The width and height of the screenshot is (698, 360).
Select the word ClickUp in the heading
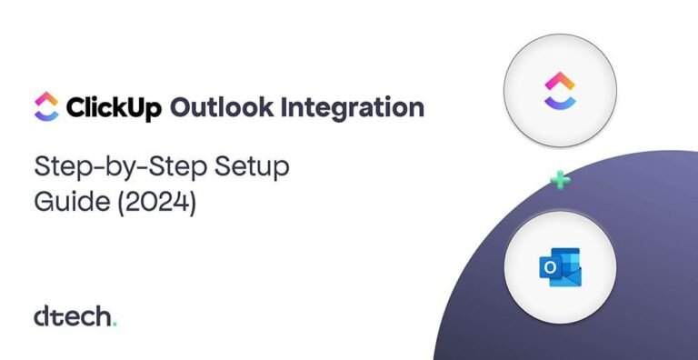(114, 108)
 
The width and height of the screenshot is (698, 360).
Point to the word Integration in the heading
(351, 108)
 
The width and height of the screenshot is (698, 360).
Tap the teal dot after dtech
(115, 324)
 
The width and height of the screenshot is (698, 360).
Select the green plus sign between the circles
(561, 181)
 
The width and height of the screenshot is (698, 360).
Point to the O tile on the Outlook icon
(549, 268)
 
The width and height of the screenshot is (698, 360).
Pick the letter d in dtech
(42, 316)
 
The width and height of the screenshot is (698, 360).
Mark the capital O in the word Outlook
(182, 108)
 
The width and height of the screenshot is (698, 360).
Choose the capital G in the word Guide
(43, 201)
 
